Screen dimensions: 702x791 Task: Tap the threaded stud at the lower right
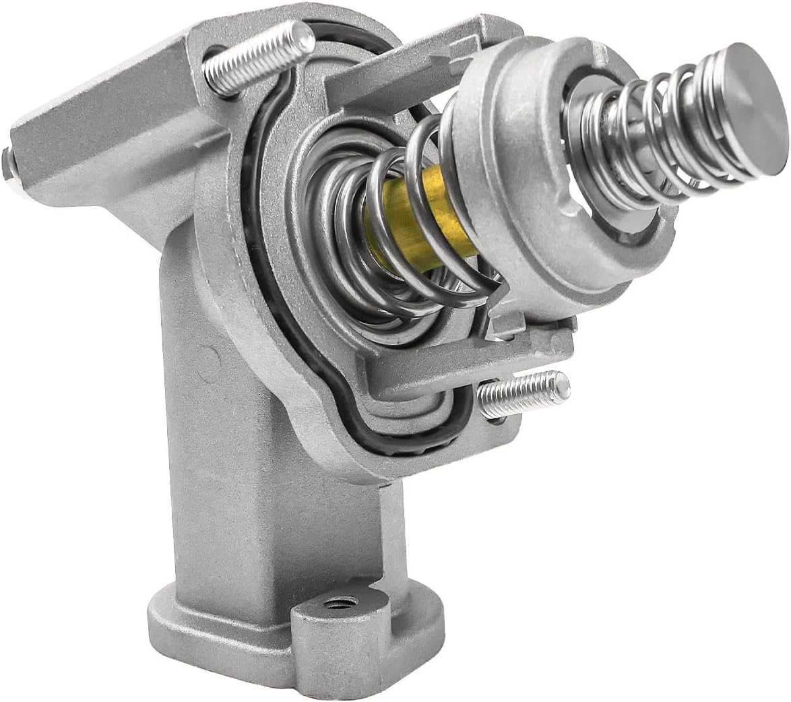coord(523,395)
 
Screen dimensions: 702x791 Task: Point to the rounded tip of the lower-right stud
coord(563,385)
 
